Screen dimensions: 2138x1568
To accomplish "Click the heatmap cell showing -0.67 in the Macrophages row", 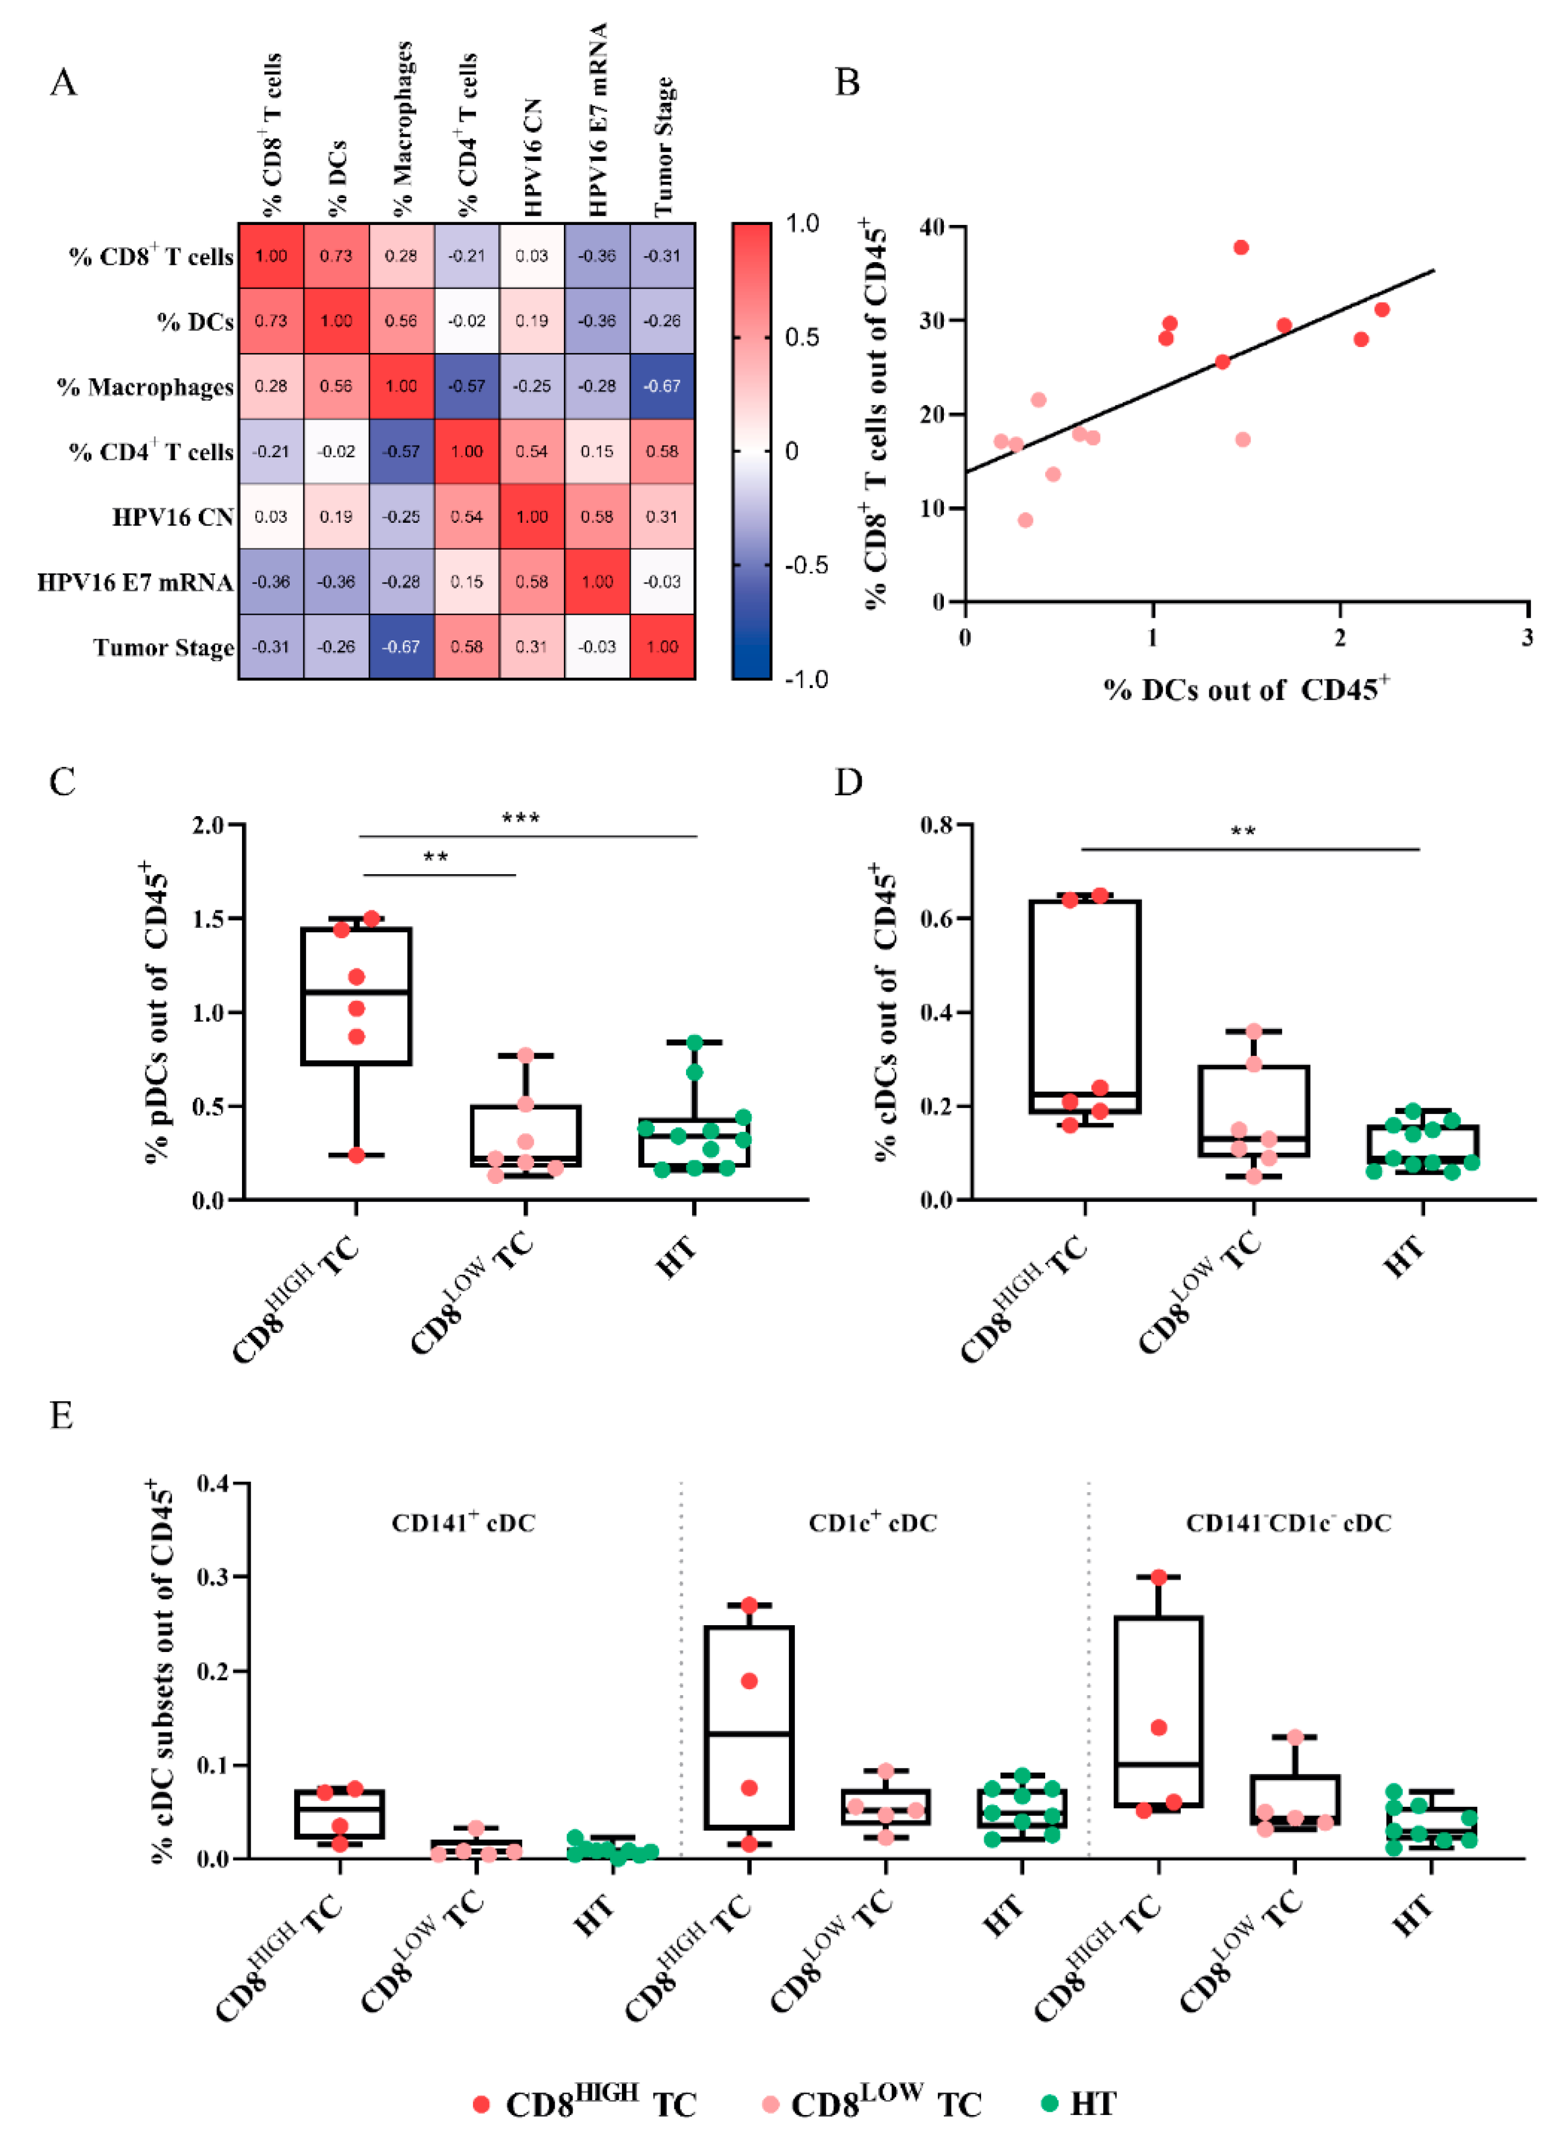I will click(x=661, y=386).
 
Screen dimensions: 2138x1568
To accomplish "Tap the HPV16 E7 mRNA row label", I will click(x=135, y=582).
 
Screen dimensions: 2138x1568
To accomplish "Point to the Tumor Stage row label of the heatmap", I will click(x=163, y=647).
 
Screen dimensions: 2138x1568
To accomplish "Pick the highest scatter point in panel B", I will click(x=1241, y=247).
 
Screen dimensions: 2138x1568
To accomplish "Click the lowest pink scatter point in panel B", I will click(x=1025, y=520).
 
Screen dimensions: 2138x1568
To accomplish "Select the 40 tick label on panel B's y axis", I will click(x=932, y=227).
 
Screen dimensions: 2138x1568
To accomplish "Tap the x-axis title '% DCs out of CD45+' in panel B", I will click(x=1246, y=690).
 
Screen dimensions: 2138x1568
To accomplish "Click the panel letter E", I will click(x=62, y=1416).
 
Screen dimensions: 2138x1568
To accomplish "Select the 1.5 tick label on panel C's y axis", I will click(x=208, y=918).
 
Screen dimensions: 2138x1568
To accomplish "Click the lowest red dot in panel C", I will click(x=356, y=1155).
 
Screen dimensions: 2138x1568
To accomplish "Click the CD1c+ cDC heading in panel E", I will click(x=872, y=1523).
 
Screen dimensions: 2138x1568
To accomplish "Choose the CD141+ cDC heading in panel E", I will click(x=463, y=1523).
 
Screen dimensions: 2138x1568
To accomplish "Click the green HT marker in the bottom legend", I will click(x=1049, y=2103).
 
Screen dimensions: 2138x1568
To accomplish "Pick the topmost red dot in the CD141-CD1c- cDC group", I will click(x=1158, y=1577).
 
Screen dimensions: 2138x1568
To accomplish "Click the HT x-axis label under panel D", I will click(x=1403, y=1256).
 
